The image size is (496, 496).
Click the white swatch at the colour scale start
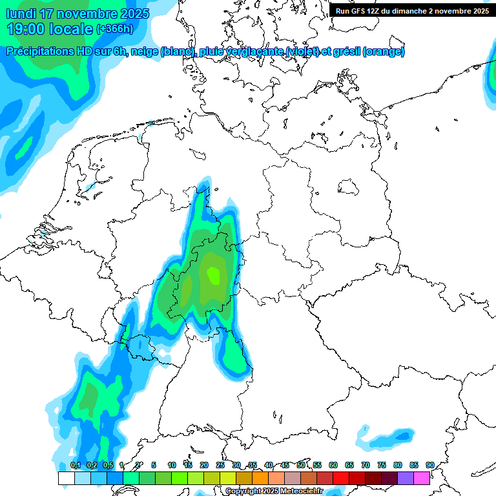[66, 479]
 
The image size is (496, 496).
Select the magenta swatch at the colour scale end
[422, 479]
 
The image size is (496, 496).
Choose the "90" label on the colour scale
[429, 465]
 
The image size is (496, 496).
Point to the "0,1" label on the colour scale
[76, 465]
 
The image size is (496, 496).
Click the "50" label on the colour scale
[301, 465]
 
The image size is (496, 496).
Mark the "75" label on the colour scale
[382, 465]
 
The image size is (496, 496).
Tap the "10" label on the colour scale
[172, 465]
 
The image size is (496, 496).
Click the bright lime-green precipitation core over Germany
[212, 276]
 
